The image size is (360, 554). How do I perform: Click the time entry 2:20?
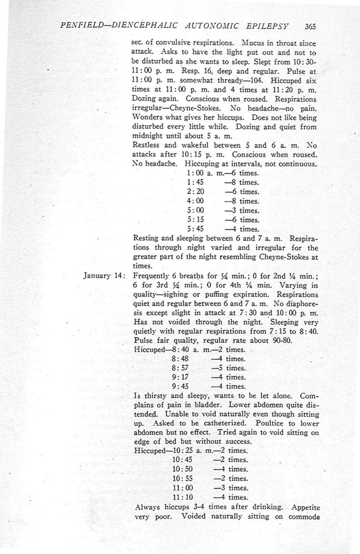pos(195,192)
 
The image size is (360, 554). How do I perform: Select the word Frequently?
pos(153,276)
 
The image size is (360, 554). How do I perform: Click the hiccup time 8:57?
pos(181,368)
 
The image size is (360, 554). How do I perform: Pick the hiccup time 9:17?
pos(181,377)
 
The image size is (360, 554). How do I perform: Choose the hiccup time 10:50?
pos(183,469)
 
